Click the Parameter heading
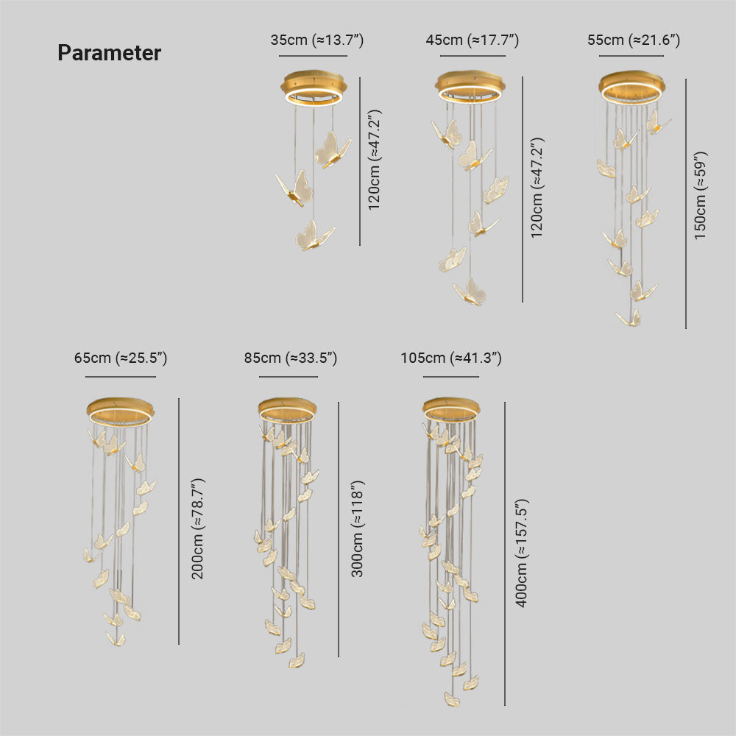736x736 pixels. tap(110, 52)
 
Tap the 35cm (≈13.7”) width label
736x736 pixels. tap(316, 40)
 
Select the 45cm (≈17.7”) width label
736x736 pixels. tap(473, 40)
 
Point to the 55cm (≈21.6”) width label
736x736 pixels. tap(634, 40)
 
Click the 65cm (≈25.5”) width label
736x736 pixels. tap(121, 358)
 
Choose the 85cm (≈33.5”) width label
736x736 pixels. tap(291, 358)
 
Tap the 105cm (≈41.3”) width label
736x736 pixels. tap(451, 358)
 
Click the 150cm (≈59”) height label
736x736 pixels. tap(701, 195)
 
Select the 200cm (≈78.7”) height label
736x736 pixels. tap(197, 528)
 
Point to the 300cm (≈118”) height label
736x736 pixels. tap(357, 528)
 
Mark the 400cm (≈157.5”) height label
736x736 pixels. tap(522, 553)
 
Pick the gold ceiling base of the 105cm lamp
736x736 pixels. tap(451, 410)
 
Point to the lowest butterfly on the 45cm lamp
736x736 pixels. tap(470, 291)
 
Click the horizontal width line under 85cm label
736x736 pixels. tap(289, 376)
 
